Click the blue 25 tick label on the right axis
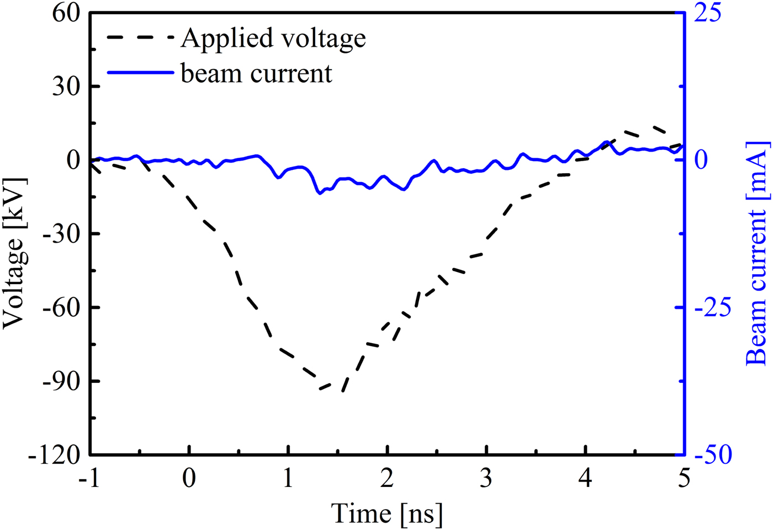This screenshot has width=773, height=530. (x=707, y=13)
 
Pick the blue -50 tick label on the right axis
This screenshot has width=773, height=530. (x=712, y=456)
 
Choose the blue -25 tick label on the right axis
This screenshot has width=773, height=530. (x=712, y=308)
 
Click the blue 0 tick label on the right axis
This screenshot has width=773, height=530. (x=701, y=160)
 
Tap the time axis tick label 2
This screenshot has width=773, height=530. (x=387, y=478)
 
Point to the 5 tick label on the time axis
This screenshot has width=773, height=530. (x=684, y=478)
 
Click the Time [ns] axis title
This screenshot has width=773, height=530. (x=386, y=513)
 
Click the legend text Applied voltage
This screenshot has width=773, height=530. (x=273, y=39)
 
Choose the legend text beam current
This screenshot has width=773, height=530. (x=256, y=73)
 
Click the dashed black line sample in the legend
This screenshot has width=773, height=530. (x=140, y=38)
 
